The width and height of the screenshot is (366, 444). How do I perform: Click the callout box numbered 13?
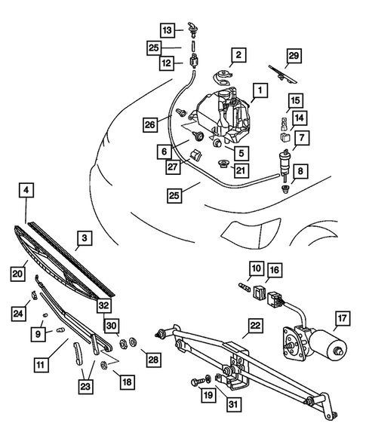(168, 29)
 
